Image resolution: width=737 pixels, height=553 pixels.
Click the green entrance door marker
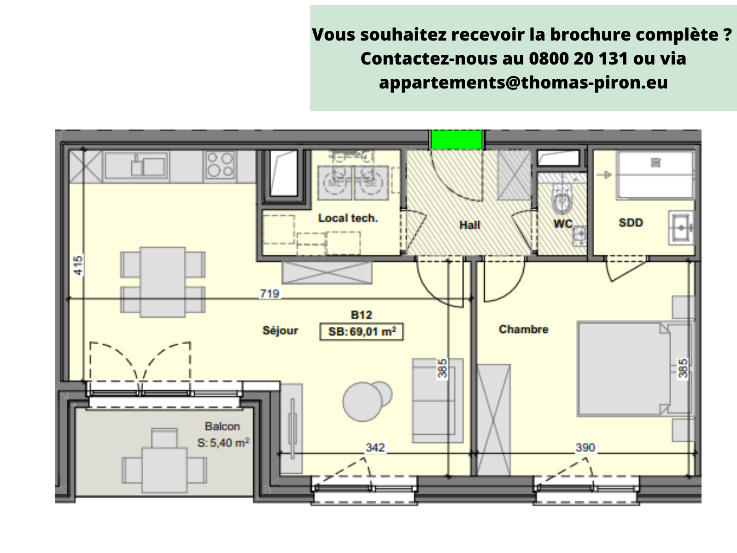point(456,139)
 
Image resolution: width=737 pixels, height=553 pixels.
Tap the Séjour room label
point(280,330)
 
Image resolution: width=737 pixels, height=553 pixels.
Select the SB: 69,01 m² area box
point(362,331)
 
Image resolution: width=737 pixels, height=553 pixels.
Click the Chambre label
point(523,329)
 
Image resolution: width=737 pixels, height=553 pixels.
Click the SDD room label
point(631,223)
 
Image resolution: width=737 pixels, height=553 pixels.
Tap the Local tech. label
point(348,218)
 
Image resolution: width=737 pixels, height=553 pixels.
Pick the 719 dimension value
point(269,293)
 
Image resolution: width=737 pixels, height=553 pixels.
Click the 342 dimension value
point(375,447)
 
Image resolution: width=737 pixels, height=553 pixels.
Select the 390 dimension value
point(585,447)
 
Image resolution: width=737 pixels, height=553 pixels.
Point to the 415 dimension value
point(78,265)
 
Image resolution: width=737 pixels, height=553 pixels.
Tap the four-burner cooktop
point(220,165)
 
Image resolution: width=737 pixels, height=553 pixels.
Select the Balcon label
point(222,426)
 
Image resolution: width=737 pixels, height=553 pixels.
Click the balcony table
point(164,470)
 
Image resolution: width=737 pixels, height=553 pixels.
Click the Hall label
point(469,225)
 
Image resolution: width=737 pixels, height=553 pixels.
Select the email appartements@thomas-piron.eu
point(523,82)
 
